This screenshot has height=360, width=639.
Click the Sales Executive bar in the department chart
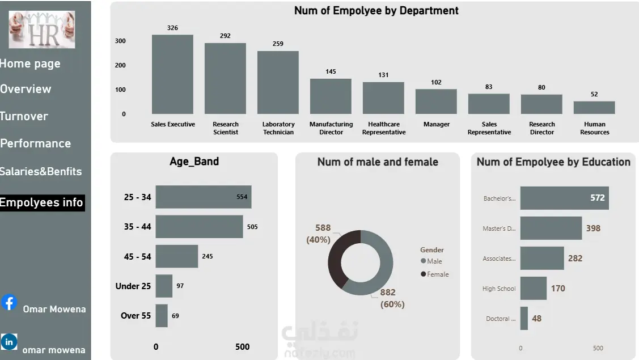pos(172,74)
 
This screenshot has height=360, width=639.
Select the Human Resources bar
pos(594,108)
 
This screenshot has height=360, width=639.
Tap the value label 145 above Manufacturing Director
pos(331,71)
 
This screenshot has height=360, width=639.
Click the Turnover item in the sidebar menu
pos(24,116)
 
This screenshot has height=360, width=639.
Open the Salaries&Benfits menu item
pos(41,171)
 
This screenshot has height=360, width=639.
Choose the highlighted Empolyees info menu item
pos(41,202)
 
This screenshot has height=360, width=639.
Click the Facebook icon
pos(9,303)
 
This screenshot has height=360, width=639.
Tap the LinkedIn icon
pos(9,342)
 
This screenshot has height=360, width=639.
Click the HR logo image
pos(41,29)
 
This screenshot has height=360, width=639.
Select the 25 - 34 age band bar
pos(203,197)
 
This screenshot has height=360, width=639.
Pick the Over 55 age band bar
pos(162,316)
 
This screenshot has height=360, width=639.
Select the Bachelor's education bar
pos(564,198)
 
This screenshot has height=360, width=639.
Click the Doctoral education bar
pos(524,319)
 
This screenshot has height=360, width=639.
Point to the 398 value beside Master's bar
pos(593,228)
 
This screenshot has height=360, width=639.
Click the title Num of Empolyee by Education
pos(553,162)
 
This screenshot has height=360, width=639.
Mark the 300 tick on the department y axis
pos(120,41)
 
